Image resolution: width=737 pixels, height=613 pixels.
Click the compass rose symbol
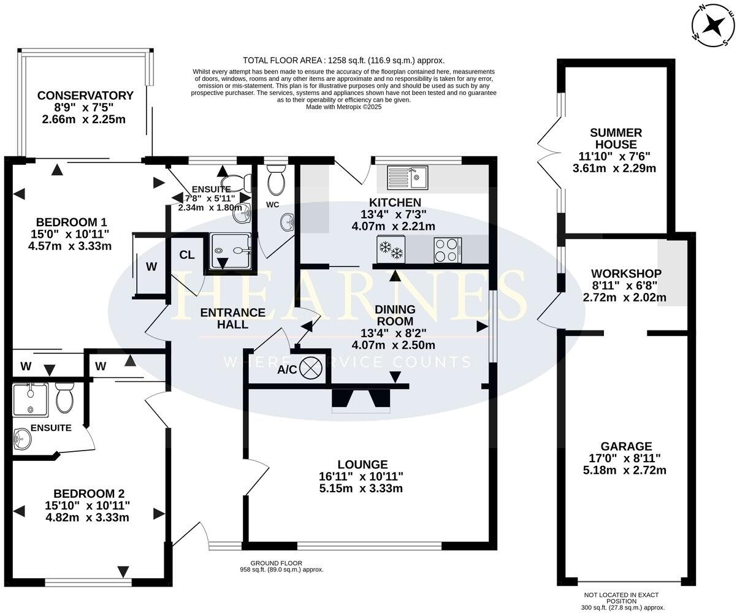(x=713, y=26)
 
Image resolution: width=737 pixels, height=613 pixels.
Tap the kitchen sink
(x=408, y=177)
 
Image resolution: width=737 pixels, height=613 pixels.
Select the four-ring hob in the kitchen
(x=447, y=248)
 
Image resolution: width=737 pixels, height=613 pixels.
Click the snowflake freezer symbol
(x=389, y=249)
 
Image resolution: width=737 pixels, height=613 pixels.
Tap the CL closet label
(x=187, y=255)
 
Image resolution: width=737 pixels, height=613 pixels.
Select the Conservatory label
(x=85, y=96)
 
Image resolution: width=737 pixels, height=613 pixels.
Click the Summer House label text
(x=607, y=139)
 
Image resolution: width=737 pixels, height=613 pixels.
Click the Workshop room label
(x=626, y=273)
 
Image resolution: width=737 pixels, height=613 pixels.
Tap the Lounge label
(x=362, y=465)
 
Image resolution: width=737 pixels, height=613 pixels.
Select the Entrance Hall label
(x=233, y=318)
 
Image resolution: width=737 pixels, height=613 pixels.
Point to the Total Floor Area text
(x=343, y=60)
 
